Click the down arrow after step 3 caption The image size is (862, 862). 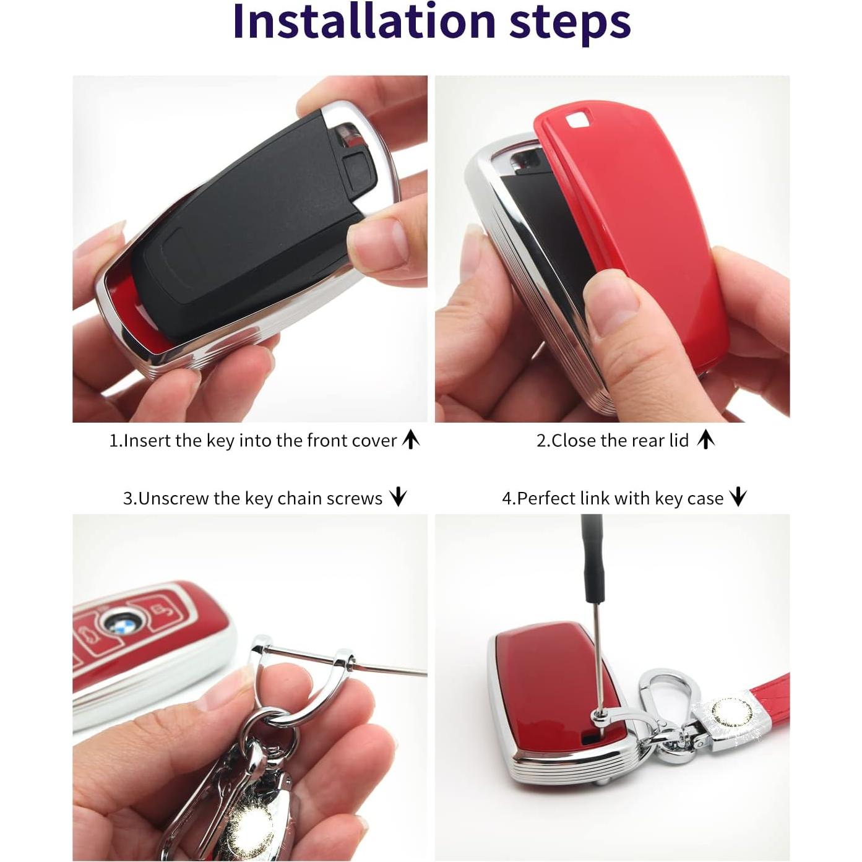(398, 497)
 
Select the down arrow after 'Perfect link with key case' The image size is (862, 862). (738, 497)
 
